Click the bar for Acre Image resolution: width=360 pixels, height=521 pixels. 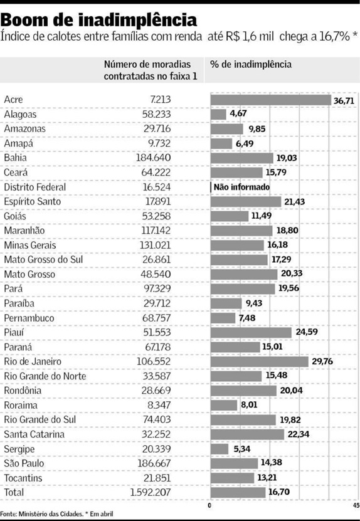[270, 100]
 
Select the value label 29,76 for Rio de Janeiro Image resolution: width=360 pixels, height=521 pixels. [324, 362]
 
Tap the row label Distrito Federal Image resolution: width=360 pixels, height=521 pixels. [34, 187]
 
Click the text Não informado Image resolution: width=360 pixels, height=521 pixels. [241, 187]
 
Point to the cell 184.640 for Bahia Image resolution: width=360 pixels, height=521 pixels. [153, 158]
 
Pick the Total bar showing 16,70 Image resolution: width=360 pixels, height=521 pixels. [237, 493]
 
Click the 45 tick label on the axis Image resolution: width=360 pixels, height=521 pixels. [354, 506]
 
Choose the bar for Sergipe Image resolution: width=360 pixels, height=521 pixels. [220, 449]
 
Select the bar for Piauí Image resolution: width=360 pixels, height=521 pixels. [251, 332]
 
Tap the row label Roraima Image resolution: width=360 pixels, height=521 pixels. [21, 406]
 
